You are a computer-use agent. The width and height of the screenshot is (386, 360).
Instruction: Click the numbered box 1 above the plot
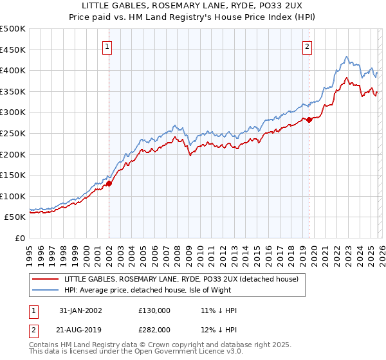[x=107, y=46]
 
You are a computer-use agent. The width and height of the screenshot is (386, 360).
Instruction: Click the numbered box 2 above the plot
[x=308, y=46]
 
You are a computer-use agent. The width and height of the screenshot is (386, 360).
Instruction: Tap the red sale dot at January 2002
[x=109, y=183]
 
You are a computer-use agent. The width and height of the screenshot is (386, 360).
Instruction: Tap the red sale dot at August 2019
[x=309, y=120]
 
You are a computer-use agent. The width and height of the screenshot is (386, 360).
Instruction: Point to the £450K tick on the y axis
[x=13, y=50]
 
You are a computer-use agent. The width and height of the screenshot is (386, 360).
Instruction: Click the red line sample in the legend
[x=47, y=280]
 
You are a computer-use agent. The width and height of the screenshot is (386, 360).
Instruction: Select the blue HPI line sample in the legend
[x=47, y=290]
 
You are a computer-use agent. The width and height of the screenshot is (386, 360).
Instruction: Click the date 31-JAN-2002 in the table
[x=80, y=310]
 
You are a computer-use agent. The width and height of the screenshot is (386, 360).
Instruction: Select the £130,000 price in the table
[x=156, y=310]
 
